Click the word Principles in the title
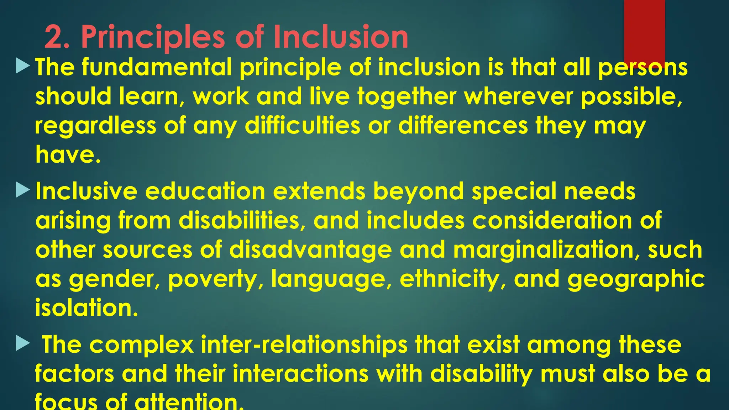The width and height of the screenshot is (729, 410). pos(153,37)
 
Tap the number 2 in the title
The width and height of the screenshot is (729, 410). pos(54,37)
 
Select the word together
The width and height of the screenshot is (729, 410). pos(407,96)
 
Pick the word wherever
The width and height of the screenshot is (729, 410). pos(518,96)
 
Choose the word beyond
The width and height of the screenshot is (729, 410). pos(418,191)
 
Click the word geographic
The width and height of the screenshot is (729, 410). pos(636,279)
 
